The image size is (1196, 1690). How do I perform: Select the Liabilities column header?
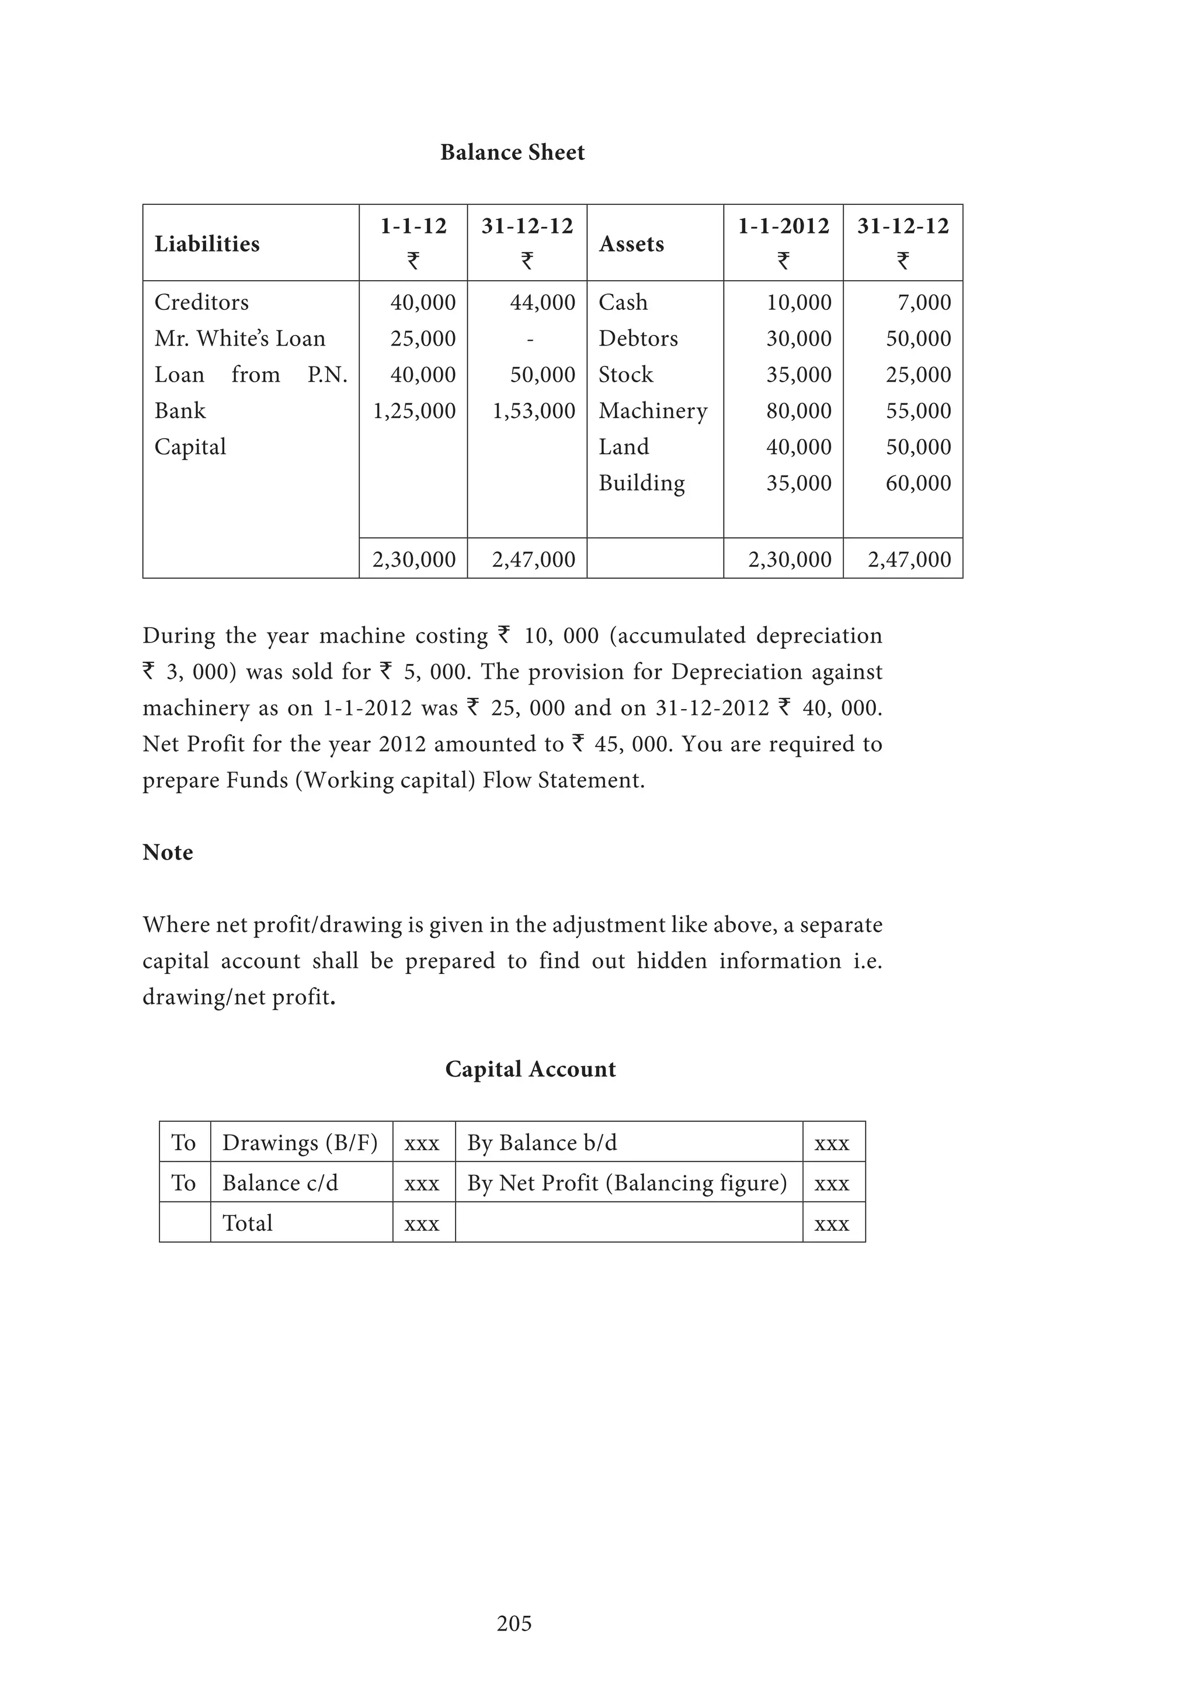(x=207, y=243)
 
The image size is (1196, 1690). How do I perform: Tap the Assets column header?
(x=631, y=243)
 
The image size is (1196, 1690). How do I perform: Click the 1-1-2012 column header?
(x=783, y=226)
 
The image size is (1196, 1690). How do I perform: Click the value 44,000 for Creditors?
(x=542, y=302)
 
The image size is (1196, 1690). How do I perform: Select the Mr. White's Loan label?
(x=239, y=338)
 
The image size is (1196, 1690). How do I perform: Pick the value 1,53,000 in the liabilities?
(x=533, y=411)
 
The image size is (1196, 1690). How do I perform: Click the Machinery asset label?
(x=652, y=411)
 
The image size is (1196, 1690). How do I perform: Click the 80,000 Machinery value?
(x=798, y=411)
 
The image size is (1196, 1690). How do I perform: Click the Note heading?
(x=168, y=853)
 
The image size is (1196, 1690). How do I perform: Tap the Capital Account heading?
(x=530, y=1069)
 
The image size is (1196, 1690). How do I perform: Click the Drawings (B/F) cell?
(x=300, y=1143)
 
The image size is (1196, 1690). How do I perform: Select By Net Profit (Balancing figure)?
(x=627, y=1183)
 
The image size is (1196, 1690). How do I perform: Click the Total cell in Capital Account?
(x=248, y=1223)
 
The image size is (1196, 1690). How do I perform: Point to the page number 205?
(x=514, y=1623)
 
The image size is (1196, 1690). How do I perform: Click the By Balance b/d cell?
(x=542, y=1143)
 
